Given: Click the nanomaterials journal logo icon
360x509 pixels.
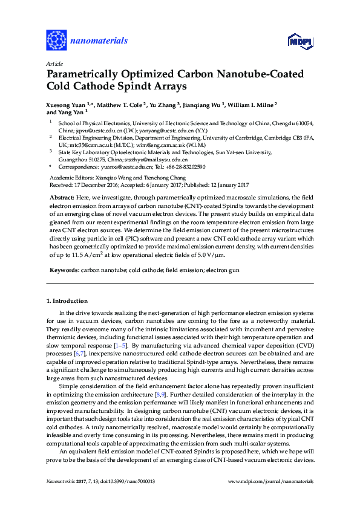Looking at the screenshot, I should point(56,41).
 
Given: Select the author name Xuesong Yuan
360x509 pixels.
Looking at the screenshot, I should point(67,104).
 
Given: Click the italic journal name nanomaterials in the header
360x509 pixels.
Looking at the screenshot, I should point(100,41).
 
